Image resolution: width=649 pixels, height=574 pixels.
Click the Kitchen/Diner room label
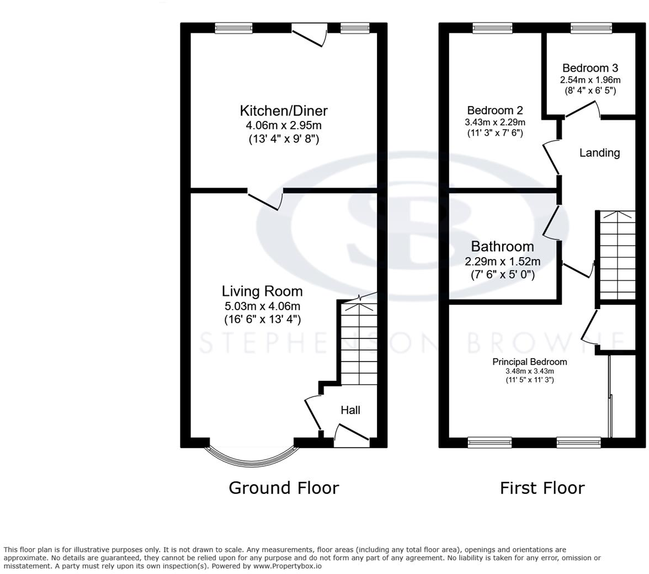pyautogui.click(x=284, y=110)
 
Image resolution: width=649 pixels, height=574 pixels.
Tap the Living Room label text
pyautogui.click(x=262, y=291)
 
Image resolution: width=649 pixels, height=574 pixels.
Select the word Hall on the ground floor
pyautogui.click(x=350, y=410)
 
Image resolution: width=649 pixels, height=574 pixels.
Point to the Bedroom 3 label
pyautogui.click(x=591, y=68)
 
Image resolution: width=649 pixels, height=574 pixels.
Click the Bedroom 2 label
pyautogui.click(x=494, y=110)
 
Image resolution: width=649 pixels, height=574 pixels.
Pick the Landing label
pyautogui.click(x=599, y=153)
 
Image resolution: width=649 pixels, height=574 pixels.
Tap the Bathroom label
pyautogui.click(x=502, y=246)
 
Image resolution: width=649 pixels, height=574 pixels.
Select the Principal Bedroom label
pyautogui.click(x=529, y=362)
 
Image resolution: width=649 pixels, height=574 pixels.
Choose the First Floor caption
pyautogui.click(x=542, y=488)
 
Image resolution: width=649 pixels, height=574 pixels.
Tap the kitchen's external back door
pyautogui.click(x=310, y=35)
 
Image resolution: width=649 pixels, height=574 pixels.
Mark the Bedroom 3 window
pyautogui.click(x=591, y=28)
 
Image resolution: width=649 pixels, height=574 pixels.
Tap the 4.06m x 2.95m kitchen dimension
pyautogui.click(x=284, y=125)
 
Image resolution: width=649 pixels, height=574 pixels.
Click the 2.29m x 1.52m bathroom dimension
pyautogui.click(x=502, y=262)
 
